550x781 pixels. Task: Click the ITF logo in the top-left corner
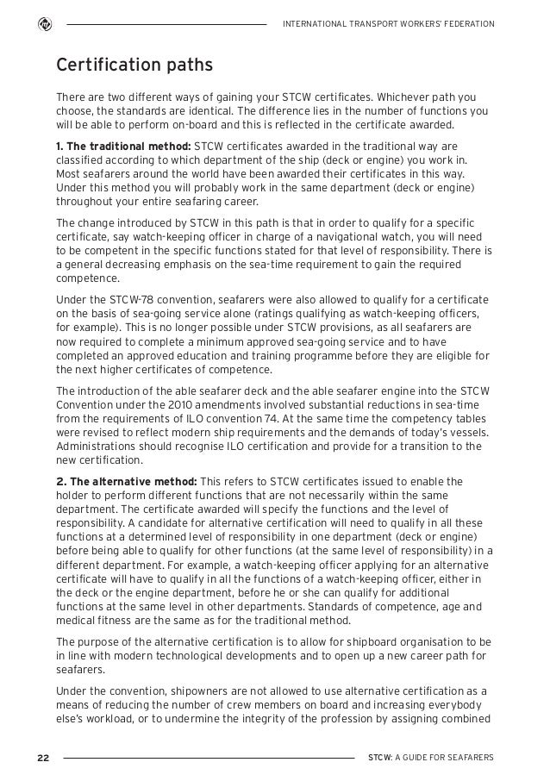(42, 23)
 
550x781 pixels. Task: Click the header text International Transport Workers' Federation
(389, 23)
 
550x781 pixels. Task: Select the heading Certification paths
(134, 66)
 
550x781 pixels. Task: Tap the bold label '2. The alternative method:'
(126, 481)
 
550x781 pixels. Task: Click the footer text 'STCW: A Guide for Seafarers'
(431, 757)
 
